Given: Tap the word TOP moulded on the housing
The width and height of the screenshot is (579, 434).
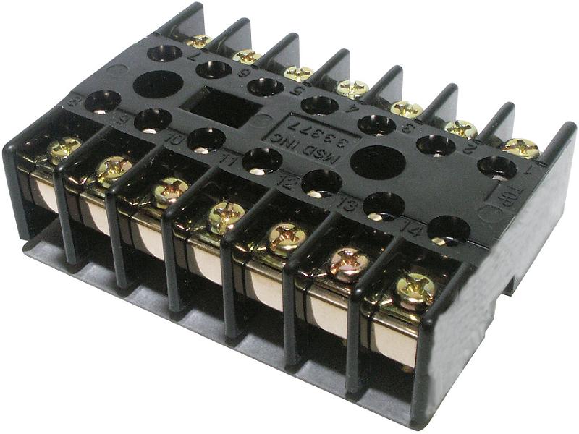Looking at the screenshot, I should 499,193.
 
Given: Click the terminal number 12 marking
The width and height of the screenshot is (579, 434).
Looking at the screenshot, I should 287,182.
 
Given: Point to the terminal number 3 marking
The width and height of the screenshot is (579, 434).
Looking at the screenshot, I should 407,131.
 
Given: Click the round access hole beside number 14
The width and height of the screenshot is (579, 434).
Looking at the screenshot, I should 449,229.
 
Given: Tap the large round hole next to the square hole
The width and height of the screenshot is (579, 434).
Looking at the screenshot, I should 157,85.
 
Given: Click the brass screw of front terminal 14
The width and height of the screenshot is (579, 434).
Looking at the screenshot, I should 415,292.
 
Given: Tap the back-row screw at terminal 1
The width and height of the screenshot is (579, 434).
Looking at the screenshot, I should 521,148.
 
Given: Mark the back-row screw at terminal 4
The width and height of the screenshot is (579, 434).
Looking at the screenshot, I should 352,89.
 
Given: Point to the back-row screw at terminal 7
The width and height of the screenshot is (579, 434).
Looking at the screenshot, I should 198,41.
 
